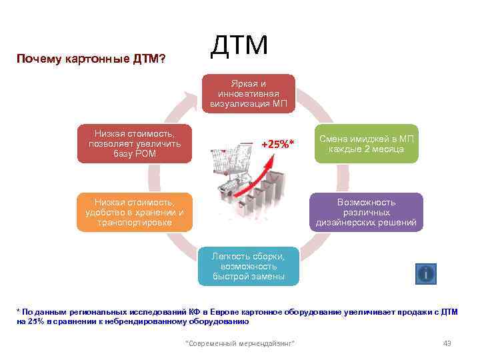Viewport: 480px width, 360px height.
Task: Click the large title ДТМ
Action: click(x=239, y=45)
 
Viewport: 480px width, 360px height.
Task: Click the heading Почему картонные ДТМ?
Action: click(x=91, y=59)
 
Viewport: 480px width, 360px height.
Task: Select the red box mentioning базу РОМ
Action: click(x=134, y=144)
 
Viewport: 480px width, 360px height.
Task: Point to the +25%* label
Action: click(x=277, y=144)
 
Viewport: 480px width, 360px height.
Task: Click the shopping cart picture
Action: click(x=233, y=170)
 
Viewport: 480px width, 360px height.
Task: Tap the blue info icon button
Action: click(x=425, y=273)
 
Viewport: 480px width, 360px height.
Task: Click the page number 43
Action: click(x=447, y=343)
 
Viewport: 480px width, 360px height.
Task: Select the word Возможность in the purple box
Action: click(x=366, y=202)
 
